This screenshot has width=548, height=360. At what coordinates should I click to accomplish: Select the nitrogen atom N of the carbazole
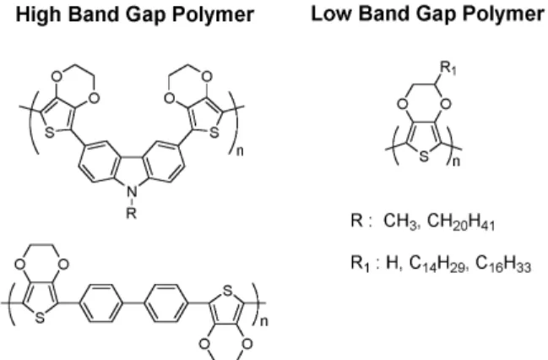pos(132,192)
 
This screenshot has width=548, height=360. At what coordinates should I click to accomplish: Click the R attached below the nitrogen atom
pos(131,212)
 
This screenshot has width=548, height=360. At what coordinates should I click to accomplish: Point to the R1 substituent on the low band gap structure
pos(448,68)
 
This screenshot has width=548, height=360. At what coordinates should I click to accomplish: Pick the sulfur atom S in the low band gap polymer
pos(424,156)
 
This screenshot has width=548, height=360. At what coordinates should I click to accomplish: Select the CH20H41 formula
pos(461,221)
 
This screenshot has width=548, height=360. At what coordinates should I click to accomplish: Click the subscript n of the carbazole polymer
pos(240,151)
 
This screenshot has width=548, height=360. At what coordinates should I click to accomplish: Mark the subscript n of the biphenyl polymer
pos(264,321)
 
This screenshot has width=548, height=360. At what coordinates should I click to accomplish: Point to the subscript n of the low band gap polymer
pos(456,161)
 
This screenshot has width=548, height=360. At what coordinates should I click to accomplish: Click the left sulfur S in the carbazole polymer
pos(50,133)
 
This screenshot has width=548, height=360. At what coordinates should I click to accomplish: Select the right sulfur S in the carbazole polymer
pos(214,133)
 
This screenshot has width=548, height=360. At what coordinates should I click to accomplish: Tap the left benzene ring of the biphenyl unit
pos(101,303)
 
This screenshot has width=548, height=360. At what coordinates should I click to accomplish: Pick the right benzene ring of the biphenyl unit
pos(166,303)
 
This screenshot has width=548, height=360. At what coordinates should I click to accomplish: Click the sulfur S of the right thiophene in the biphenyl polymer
pos(227,291)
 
